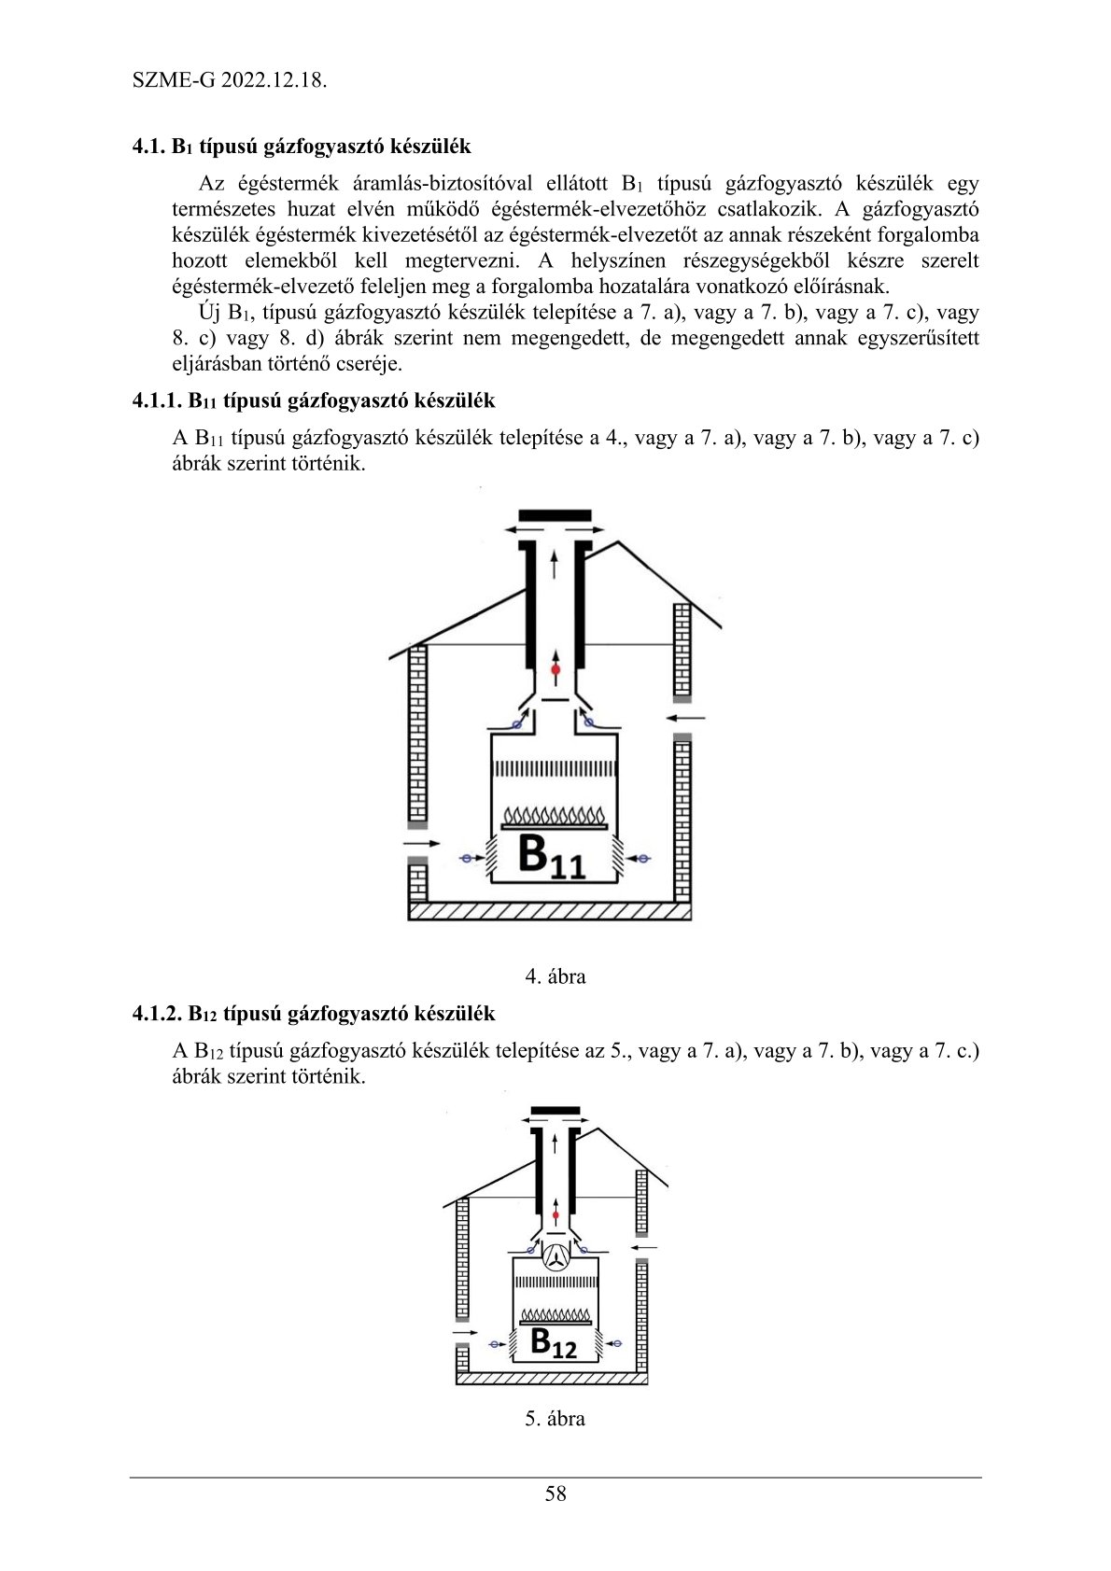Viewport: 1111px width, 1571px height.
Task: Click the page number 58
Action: coord(555,1494)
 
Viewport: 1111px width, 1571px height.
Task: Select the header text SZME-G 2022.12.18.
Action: coord(229,80)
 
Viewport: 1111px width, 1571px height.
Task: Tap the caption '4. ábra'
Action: coord(555,976)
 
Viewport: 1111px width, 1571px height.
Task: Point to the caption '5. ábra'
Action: coord(555,1419)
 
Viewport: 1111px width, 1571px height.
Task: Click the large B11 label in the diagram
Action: coord(550,856)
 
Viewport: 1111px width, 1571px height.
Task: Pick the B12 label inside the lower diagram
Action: coord(553,1343)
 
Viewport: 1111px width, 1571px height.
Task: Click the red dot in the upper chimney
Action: coord(555,670)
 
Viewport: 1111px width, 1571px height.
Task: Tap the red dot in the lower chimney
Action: coord(555,1214)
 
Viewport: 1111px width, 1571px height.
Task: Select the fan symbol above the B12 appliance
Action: coord(555,1257)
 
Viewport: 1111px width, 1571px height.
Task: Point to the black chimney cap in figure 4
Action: coord(555,515)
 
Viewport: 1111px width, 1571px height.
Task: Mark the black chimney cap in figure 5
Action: coord(555,1111)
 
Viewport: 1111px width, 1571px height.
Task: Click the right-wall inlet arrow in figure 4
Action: coord(686,718)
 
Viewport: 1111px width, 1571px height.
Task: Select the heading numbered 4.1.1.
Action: coord(314,401)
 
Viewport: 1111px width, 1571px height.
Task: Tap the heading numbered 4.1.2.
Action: coord(314,1014)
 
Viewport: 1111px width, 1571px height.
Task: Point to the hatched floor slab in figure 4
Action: coord(550,911)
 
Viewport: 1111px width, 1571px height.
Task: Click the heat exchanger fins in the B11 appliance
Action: coord(555,768)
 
